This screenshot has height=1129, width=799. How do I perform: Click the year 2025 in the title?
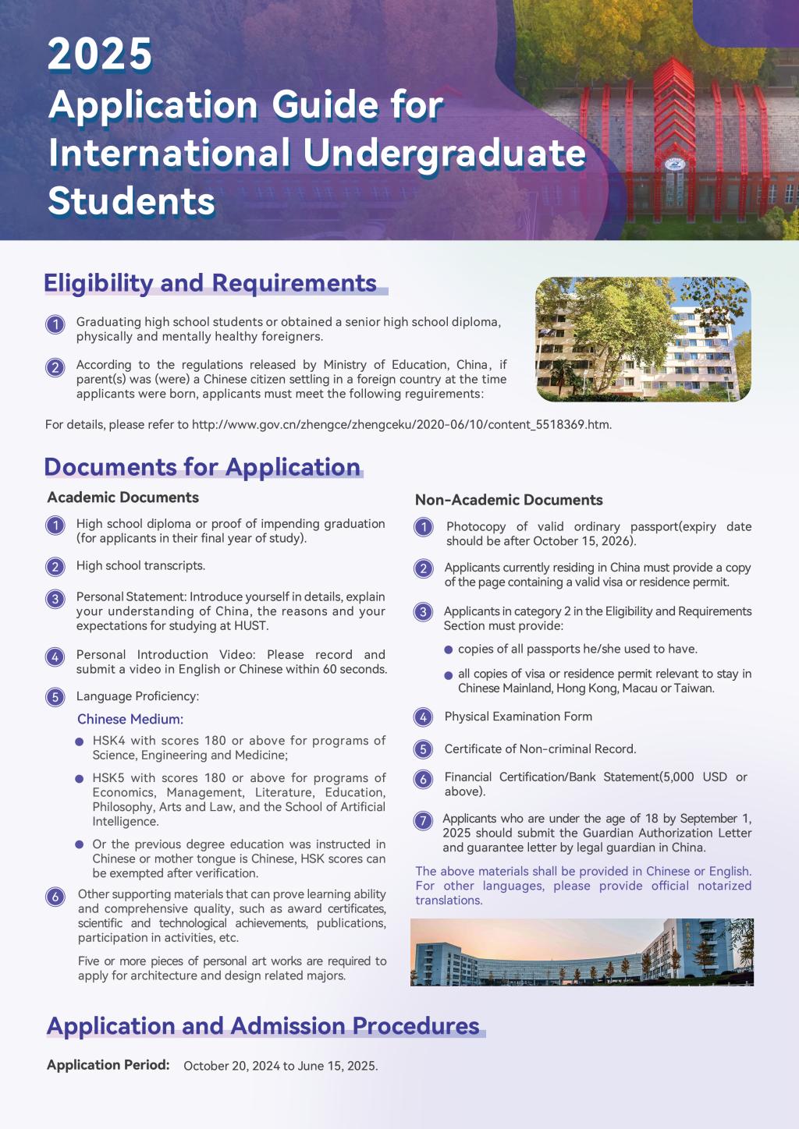(x=100, y=55)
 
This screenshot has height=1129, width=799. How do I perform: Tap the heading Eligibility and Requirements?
(x=211, y=283)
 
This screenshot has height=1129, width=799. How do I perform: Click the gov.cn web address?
(x=401, y=425)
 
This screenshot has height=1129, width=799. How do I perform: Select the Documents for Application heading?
(x=202, y=467)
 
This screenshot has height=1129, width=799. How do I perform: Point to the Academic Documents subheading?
(x=123, y=497)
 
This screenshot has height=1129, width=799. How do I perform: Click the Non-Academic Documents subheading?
(x=509, y=500)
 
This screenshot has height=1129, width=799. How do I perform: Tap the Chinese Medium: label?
(x=130, y=719)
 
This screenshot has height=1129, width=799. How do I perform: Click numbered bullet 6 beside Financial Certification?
(x=423, y=779)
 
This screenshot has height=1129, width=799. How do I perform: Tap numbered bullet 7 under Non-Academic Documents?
(x=423, y=820)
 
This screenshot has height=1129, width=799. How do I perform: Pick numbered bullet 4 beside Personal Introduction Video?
(x=55, y=657)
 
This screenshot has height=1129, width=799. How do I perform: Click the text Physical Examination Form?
(x=518, y=717)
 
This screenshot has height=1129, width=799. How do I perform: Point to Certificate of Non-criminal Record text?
(x=540, y=749)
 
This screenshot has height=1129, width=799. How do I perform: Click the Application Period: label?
(x=108, y=1065)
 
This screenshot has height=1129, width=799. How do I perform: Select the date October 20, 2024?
(x=232, y=1066)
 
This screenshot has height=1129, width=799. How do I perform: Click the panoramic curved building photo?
(x=581, y=952)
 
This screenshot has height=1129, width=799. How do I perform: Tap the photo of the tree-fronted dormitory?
(x=643, y=339)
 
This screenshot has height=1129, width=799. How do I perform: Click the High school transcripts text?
(x=140, y=566)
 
